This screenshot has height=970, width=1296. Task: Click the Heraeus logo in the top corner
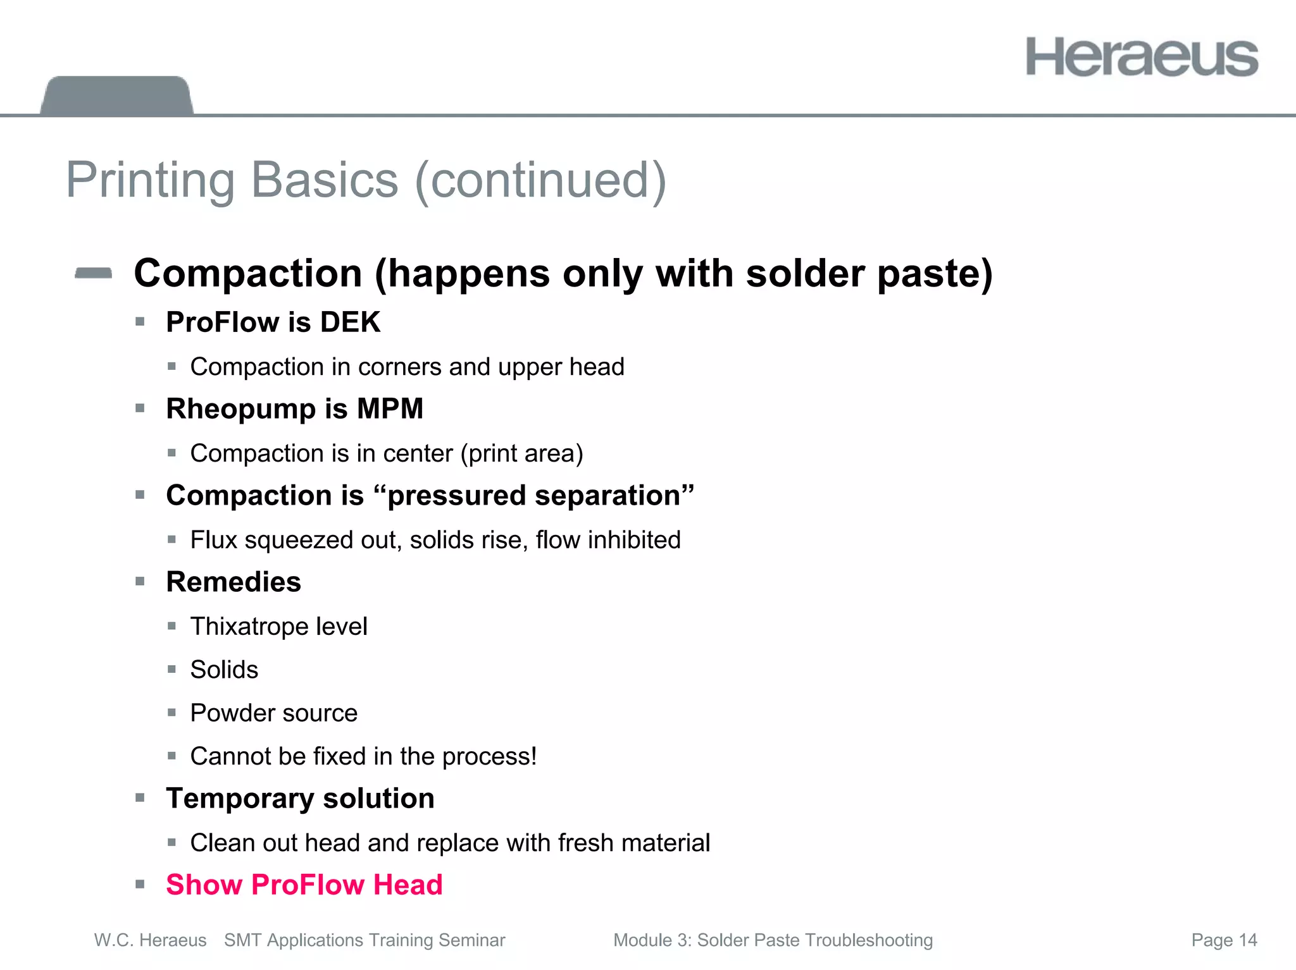coord(1142,57)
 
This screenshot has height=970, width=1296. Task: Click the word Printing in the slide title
coord(150,180)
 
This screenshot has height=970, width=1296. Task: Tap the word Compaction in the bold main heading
coord(248,273)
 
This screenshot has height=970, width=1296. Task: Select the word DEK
coord(350,322)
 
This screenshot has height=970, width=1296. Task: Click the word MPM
coord(390,408)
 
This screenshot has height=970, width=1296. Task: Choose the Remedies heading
coord(234,582)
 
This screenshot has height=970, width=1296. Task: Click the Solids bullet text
coord(224,670)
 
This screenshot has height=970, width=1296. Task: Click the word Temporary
coord(240,799)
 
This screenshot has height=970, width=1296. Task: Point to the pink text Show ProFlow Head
coord(304,885)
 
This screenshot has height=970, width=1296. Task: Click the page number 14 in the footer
coord(1248,940)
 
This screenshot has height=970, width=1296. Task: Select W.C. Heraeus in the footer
coord(150,940)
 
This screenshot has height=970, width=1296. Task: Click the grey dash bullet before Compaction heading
coord(94,273)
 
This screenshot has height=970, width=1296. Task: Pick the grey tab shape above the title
coord(117,95)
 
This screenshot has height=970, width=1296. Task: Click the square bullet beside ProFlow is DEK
coord(140,322)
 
